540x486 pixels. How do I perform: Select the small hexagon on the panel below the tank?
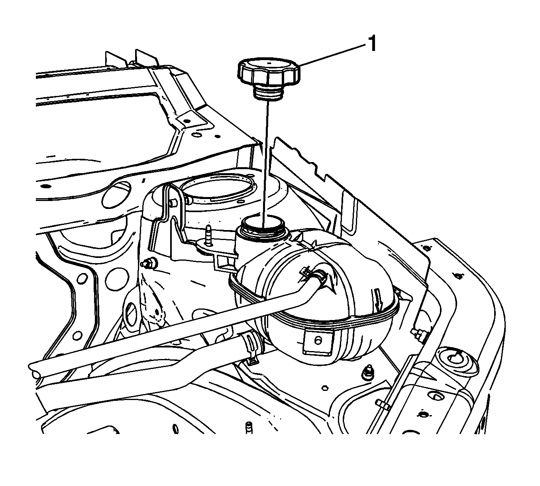pos(325,388)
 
